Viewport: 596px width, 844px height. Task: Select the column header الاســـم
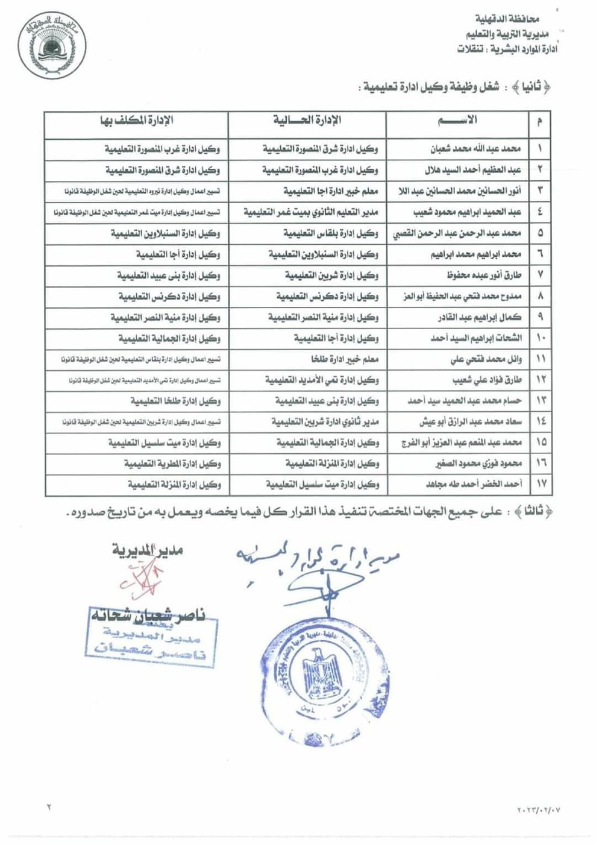[459, 119]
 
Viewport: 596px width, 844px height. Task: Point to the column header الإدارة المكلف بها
[136, 119]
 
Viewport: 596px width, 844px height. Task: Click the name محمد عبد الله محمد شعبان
[475, 148]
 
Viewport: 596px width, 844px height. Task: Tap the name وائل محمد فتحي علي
[486, 360]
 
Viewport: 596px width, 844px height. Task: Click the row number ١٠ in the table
[539, 339]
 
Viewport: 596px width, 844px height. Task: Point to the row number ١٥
[539, 442]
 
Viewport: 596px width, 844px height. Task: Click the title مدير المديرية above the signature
[147, 550]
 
